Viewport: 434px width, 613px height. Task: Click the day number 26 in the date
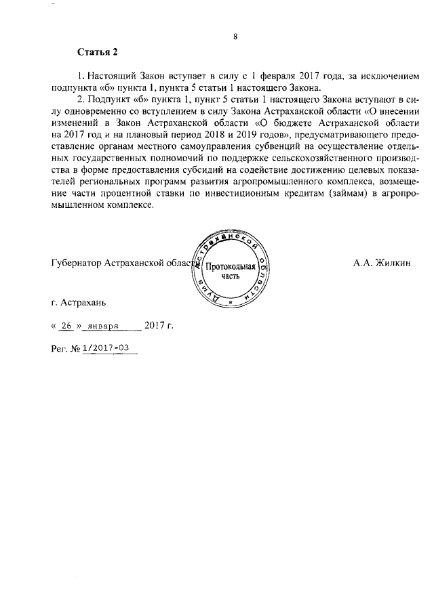[66, 325]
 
